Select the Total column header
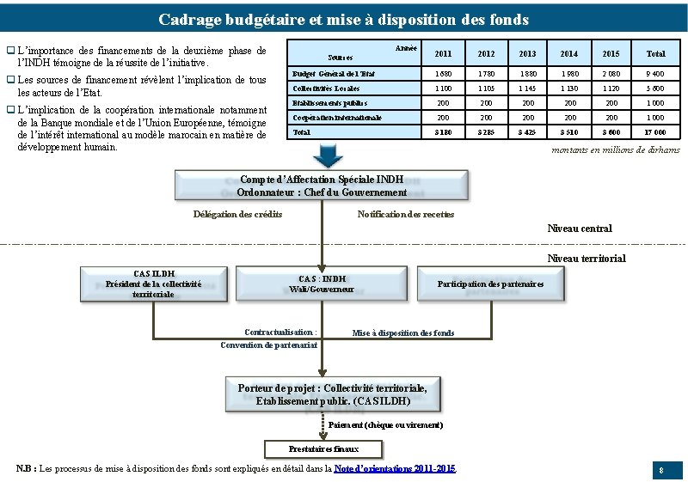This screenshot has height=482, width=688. (655, 53)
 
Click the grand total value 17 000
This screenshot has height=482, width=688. (655, 132)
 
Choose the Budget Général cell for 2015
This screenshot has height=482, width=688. (613, 75)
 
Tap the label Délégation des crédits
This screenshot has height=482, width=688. (238, 214)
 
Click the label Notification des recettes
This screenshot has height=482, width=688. (405, 214)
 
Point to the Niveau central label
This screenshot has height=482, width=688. (580, 229)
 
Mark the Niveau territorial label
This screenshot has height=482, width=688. (587, 259)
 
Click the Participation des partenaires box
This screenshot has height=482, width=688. (490, 284)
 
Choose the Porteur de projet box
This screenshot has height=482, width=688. (332, 394)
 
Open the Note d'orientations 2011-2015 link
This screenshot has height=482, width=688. (395, 468)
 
